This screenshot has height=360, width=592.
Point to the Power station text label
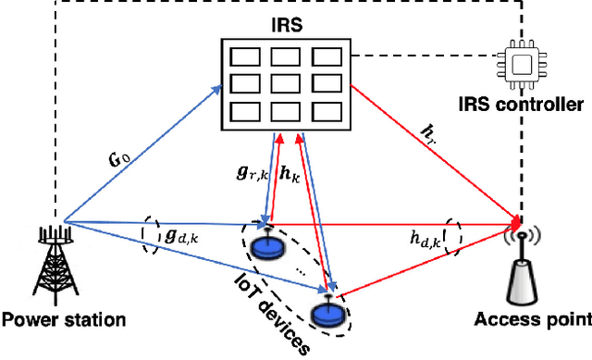click(x=64, y=321)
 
